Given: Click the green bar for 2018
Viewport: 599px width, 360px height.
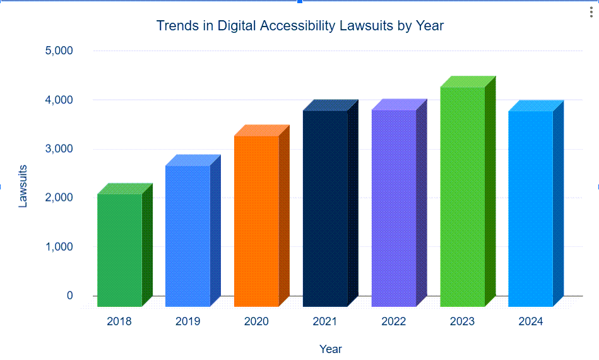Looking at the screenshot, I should coord(119,250).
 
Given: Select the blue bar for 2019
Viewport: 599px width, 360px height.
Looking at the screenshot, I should coord(187,236).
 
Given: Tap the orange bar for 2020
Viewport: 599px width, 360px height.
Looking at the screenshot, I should coord(256,221).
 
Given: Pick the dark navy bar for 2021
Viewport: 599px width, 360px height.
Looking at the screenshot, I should coord(325,208).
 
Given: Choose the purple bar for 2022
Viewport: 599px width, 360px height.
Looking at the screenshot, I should coord(394,208).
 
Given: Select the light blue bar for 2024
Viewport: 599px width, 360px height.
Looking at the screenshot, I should coord(530,208).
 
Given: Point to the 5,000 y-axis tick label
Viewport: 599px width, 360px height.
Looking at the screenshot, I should coord(59,51).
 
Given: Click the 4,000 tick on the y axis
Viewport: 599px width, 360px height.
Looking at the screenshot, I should coord(59,100).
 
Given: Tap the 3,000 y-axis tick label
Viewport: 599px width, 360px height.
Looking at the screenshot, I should coord(59,149).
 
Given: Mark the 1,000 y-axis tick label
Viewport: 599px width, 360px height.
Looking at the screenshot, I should coord(59,247).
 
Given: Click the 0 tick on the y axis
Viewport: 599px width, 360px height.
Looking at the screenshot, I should coord(69,296).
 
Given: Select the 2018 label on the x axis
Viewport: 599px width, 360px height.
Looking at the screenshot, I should coord(119,321).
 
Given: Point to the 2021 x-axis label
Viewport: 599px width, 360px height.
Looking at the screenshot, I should coord(325,321).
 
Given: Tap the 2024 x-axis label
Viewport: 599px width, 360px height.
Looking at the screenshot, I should coord(531,321).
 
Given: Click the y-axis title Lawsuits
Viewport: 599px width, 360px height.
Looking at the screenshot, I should coord(23,186).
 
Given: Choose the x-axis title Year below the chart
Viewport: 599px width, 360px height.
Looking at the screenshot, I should coord(331,349).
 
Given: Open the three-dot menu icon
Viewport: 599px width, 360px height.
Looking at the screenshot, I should coord(591,13).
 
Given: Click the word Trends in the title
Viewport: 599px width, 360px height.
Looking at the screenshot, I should coord(175,26).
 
